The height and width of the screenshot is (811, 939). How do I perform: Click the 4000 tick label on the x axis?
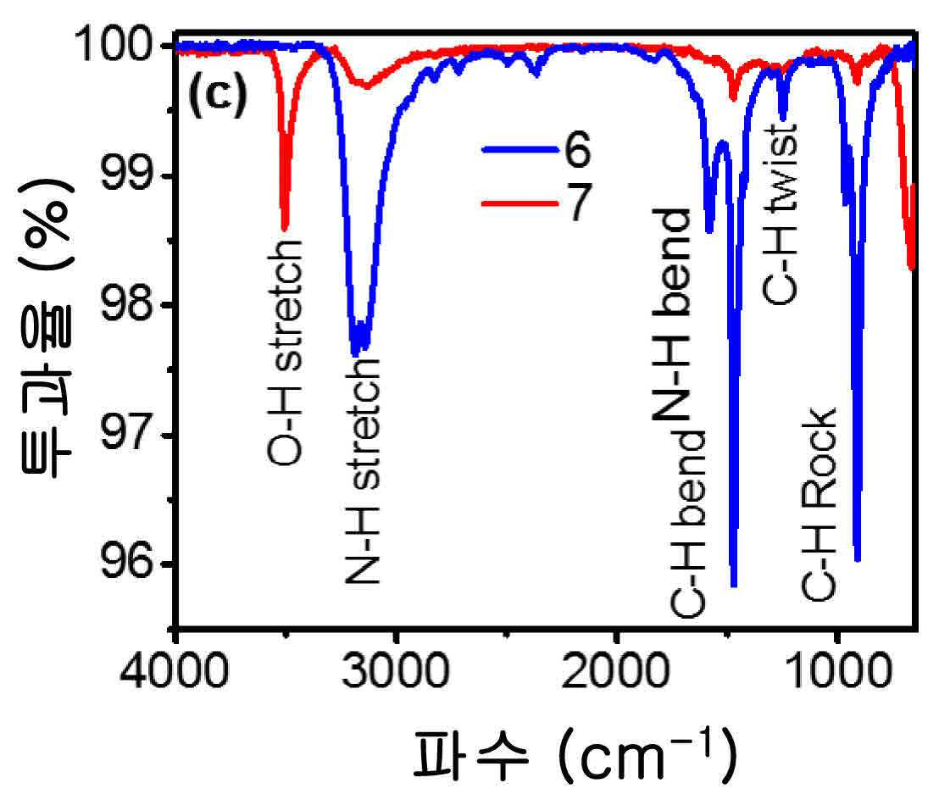[x=174, y=670]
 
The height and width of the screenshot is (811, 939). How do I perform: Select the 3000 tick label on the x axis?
[x=396, y=670]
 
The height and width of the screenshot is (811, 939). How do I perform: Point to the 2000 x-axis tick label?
[x=615, y=670]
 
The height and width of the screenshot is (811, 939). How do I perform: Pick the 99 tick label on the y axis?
[x=128, y=175]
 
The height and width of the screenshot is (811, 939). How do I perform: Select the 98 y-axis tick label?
[x=128, y=304]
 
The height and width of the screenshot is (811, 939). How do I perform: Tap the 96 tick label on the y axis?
[x=128, y=564]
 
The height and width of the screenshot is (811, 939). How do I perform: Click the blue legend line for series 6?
[x=520, y=150]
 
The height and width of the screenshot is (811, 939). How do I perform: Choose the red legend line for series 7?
[x=520, y=203]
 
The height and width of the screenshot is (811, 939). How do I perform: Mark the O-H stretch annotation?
[x=284, y=353]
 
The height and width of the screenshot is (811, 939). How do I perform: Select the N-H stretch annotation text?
[x=363, y=470]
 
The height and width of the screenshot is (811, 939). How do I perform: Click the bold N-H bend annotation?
[x=672, y=315]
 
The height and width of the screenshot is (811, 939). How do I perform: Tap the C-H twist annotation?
[x=779, y=214]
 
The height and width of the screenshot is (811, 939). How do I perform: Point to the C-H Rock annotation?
[x=818, y=504]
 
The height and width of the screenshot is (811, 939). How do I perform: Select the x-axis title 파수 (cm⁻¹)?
[x=575, y=754]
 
